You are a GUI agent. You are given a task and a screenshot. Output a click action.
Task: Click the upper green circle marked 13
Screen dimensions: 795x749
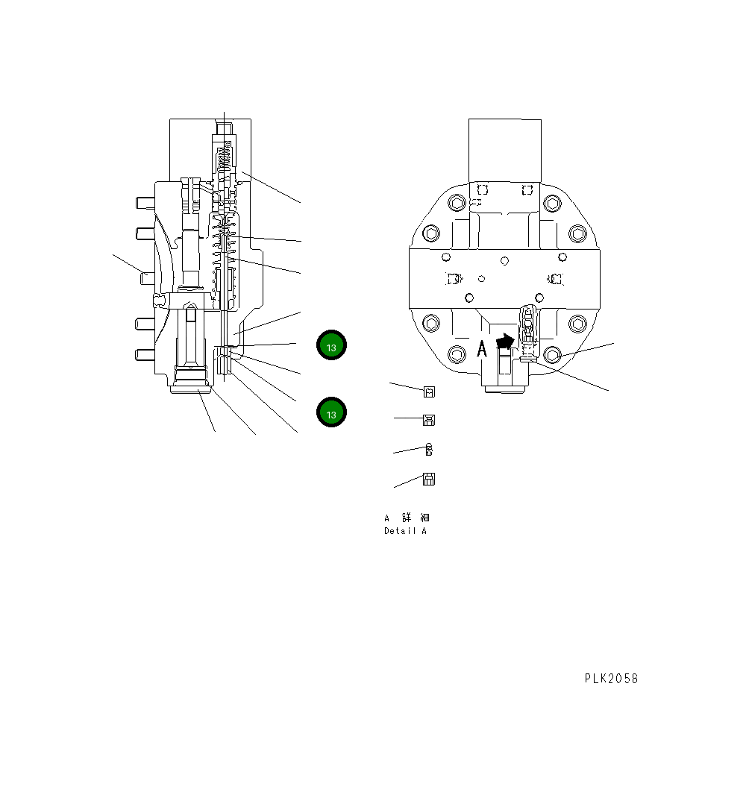(x=332, y=346)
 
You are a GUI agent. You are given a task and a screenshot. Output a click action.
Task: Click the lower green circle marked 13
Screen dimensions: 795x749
(x=332, y=412)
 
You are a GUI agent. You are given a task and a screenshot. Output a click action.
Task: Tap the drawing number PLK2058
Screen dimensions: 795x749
(x=611, y=679)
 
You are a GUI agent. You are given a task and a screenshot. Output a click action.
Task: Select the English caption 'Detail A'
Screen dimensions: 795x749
(x=406, y=531)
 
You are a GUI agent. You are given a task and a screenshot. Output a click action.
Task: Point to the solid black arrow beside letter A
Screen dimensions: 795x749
(x=505, y=342)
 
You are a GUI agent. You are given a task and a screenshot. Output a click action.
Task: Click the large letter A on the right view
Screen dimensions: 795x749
(x=482, y=348)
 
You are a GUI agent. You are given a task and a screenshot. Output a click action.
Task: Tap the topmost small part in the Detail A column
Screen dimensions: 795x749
(x=429, y=392)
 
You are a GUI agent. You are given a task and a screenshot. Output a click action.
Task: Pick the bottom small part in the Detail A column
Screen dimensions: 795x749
(x=429, y=480)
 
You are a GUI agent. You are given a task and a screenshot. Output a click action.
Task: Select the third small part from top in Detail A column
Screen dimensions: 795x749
(x=429, y=450)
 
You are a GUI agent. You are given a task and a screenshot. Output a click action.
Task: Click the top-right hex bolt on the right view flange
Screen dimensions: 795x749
(x=552, y=203)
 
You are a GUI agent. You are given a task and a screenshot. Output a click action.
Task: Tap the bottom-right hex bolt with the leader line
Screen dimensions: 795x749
(x=552, y=354)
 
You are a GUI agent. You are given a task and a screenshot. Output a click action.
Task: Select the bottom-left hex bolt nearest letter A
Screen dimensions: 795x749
(x=456, y=354)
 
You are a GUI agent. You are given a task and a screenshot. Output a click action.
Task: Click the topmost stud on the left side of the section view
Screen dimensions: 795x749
(x=145, y=202)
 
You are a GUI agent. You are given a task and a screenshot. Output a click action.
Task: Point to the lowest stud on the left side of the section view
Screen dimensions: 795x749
(x=145, y=353)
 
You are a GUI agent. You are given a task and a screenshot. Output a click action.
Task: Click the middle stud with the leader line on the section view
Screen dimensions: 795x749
(x=147, y=277)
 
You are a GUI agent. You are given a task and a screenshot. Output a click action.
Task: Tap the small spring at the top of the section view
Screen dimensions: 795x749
(x=224, y=158)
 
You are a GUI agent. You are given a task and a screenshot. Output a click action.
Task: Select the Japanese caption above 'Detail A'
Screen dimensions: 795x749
(x=407, y=518)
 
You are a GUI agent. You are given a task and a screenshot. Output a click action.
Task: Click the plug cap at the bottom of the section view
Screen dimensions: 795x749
(x=192, y=386)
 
